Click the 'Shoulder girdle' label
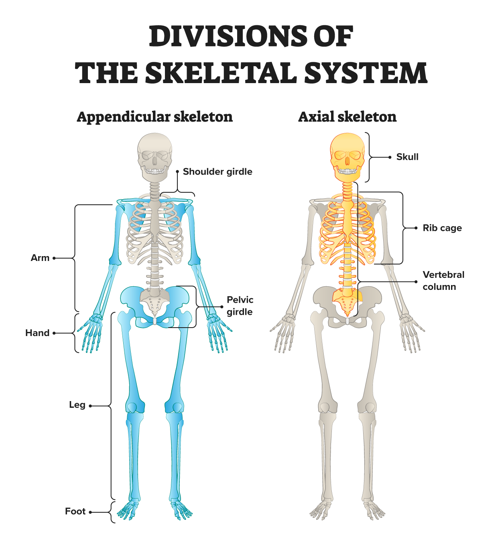[217, 172]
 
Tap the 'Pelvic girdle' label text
[240, 306]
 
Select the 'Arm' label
[40, 258]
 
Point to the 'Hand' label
[37, 333]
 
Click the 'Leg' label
[77, 405]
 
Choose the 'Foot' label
[75, 511]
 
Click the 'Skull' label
[407, 157]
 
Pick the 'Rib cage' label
[442, 228]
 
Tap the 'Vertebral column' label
[443, 281]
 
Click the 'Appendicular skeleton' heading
[154, 117]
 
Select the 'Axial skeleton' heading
[347, 117]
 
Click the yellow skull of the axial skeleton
[347, 155]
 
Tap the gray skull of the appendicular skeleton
[155, 155]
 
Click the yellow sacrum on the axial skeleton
[347, 299]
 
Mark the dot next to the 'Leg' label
[90, 406]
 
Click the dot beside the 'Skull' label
[390, 157]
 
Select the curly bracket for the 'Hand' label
[76, 333]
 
